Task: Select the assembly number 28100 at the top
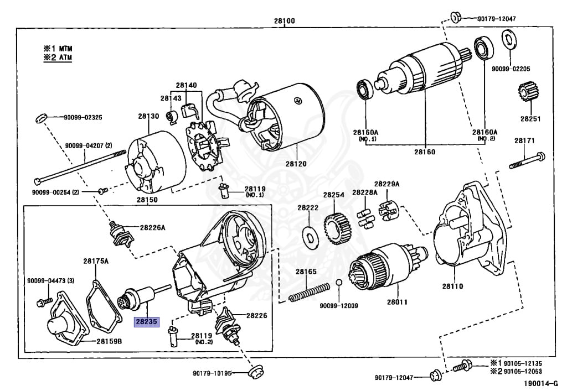click(283, 21)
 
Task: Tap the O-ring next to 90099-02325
click(41, 117)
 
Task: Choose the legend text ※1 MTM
click(58, 48)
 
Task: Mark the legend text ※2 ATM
click(58, 57)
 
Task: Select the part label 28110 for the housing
click(452, 286)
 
